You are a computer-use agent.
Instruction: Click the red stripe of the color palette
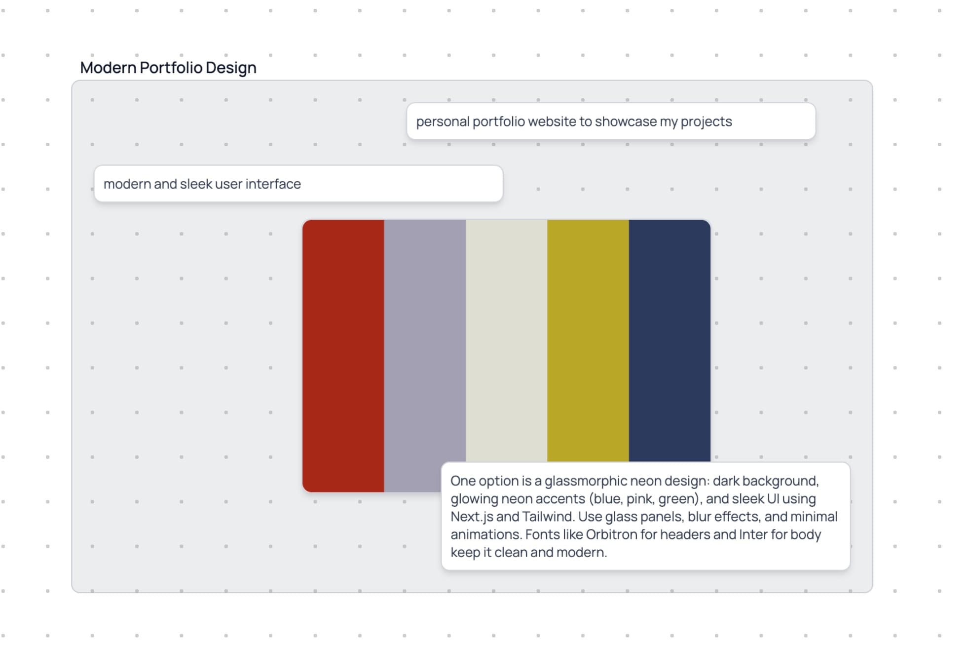[343, 356]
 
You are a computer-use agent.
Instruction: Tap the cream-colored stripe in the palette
[507, 341]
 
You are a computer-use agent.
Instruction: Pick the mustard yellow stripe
[588, 341]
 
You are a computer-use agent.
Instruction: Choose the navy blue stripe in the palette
[670, 341]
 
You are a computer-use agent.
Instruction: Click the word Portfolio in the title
[171, 68]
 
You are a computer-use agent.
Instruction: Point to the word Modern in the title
[108, 68]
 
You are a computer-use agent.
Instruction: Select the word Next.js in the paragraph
[472, 517]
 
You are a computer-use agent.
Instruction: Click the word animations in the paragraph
[486, 534]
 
